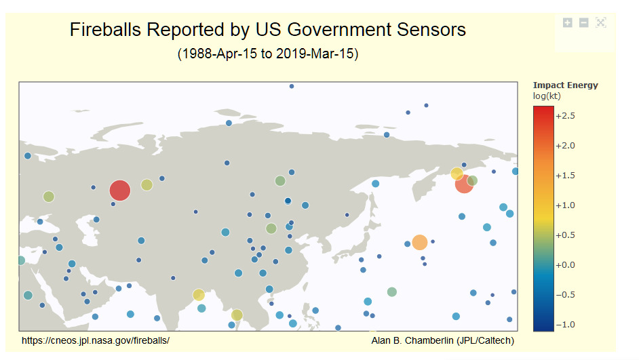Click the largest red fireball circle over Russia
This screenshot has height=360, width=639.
click(x=120, y=191)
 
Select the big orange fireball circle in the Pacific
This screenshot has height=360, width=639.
click(x=419, y=242)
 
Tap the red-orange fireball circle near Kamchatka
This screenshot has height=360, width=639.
click(x=464, y=184)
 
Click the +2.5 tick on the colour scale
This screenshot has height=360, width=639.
click(x=565, y=116)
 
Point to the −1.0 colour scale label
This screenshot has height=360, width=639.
click(x=565, y=325)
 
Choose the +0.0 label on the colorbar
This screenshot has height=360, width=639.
click(x=565, y=264)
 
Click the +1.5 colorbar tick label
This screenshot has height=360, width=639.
click(x=565, y=176)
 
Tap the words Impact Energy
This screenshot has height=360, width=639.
click(x=565, y=85)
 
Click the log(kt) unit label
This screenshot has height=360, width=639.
click(x=547, y=96)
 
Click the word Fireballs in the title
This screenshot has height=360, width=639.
click(x=105, y=30)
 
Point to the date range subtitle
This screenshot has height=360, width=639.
click(x=268, y=54)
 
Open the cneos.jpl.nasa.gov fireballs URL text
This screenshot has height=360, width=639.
click(x=96, y=340)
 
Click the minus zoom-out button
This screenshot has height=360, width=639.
click(x=583, y=23)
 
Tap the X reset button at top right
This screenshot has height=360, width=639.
click(x=601, y=23)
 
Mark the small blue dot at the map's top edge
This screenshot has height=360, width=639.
click(x=292, y=86)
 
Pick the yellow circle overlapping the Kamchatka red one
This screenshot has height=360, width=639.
click(x=457, y=174)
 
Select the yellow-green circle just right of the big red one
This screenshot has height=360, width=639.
click(x=147, y=185)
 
